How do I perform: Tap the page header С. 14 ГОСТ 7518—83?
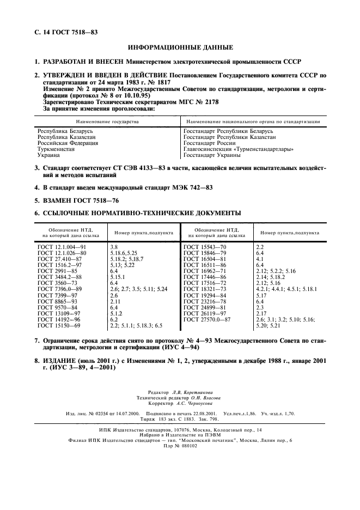(x=65, y=33)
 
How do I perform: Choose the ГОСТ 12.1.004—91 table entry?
(x=62, y=247)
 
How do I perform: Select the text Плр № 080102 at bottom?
(x=180, y=445)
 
